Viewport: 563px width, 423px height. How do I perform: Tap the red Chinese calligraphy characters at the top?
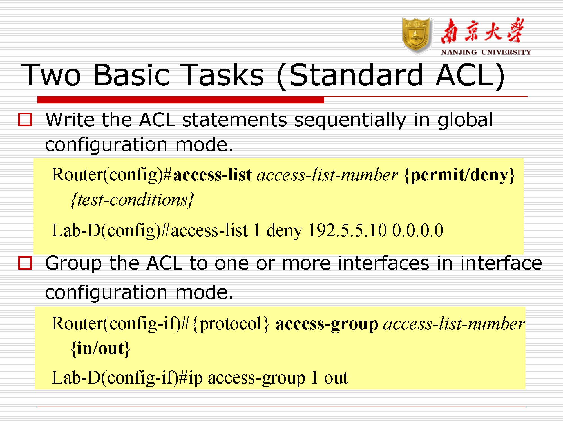click(x=482, y=31)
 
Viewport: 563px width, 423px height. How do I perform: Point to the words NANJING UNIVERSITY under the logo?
click(x=486, y=52)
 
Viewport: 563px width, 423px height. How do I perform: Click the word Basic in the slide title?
click(x=131, y=75)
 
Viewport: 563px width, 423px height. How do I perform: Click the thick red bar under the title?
click(x=181, y=100)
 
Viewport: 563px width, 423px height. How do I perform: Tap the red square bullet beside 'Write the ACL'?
click(x=25, y=120)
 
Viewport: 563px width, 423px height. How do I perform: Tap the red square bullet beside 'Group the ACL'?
click(x=25, y=263)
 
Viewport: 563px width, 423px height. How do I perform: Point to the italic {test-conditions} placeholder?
click(x=132, y=200)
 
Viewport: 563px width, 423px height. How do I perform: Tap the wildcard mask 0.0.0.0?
click(x=418, y=230)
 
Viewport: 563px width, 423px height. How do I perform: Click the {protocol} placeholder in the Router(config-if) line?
click(x=231, y=324)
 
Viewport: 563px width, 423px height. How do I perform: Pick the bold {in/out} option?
click(x=100, y=349)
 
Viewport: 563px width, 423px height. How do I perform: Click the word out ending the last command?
click(x=336, y=378)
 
